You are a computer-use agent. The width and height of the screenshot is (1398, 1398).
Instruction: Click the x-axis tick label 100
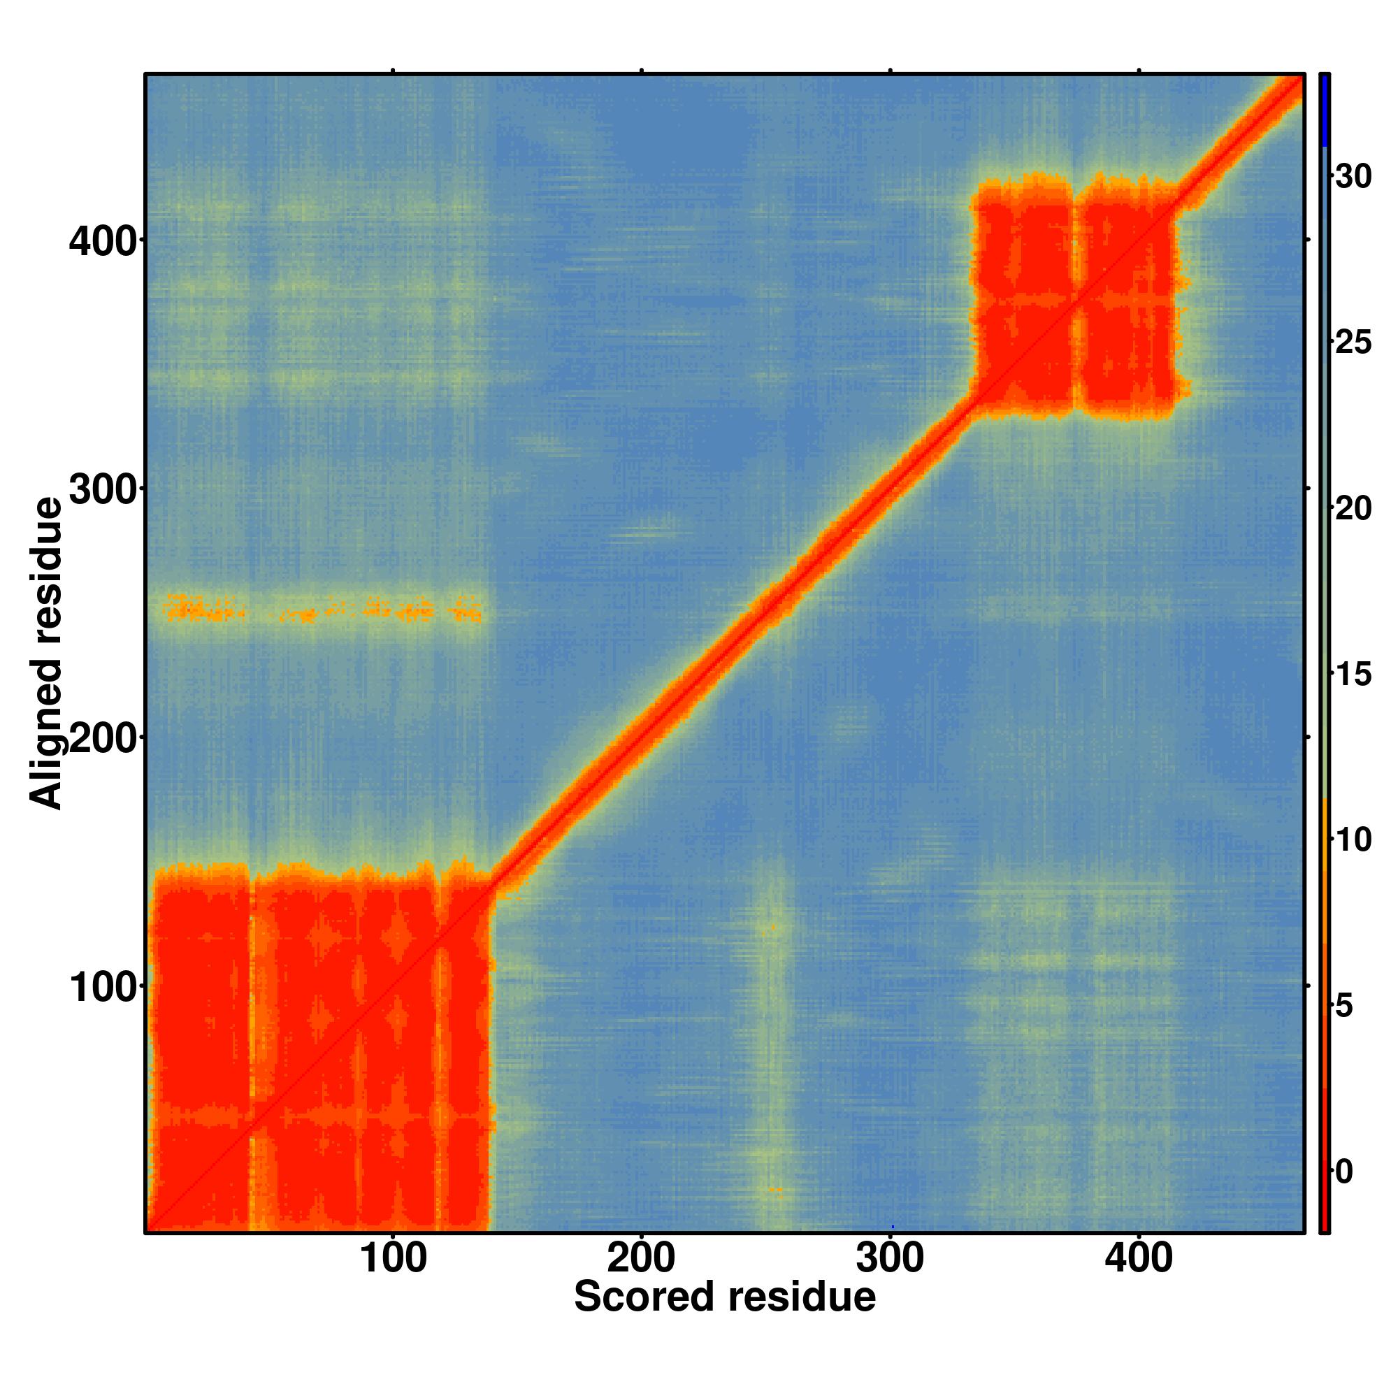(393, 1259)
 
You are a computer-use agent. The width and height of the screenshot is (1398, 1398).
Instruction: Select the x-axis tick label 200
(641, 1259)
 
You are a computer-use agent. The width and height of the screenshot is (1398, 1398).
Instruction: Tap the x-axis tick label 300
(890, 1259)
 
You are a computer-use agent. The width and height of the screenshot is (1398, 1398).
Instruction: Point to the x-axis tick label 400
(1138, 1259)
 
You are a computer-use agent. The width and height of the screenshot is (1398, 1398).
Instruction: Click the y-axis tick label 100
(103, 988)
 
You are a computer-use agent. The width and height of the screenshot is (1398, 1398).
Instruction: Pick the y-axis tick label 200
(103, 739)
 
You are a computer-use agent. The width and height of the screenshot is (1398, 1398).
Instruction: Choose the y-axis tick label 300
(103, 491)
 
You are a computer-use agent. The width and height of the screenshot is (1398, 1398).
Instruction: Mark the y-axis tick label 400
(103, 242)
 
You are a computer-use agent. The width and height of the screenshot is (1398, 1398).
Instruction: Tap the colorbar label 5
(1343, 1006)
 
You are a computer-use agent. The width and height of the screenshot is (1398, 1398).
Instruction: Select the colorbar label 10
(1353, 840)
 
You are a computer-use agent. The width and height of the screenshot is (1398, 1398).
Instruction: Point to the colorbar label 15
(1353, 675)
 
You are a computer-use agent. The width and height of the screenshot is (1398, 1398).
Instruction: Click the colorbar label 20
(1353, 509)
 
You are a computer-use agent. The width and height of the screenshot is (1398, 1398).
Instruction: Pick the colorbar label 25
(1353, 343)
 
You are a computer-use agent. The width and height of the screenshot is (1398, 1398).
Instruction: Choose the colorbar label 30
(1353, 177)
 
